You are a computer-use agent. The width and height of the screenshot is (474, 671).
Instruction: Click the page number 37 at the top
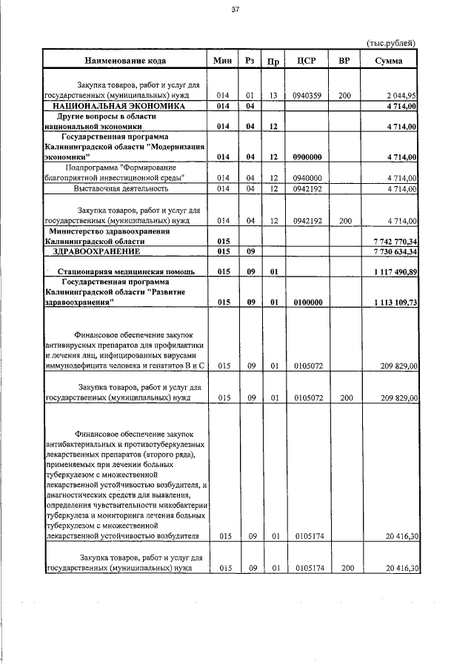[236, 10]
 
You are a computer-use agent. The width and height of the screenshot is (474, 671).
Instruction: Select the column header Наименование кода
[125, 60]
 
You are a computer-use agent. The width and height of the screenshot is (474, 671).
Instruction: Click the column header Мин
[223, 60]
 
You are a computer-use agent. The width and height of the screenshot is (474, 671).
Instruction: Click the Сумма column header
[389, 60]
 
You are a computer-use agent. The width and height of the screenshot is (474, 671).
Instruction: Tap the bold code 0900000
[307, 157]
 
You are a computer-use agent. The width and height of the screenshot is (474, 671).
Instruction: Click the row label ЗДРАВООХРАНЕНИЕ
[99, 252]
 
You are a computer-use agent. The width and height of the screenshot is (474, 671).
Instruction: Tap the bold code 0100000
[307, 303]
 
